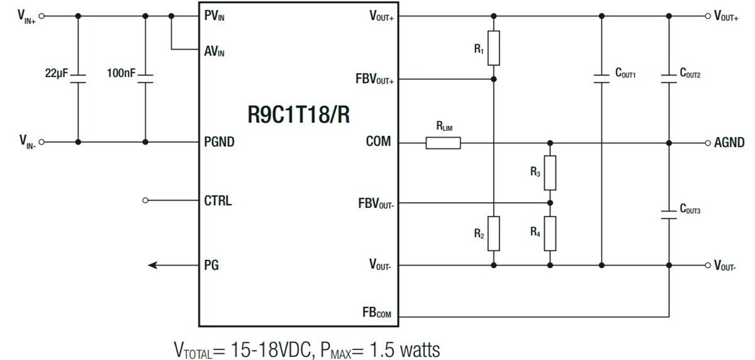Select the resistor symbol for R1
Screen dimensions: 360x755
tap(493, 48)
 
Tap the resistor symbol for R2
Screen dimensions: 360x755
tap(493, 233)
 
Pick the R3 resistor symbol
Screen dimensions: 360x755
tap(550, 172)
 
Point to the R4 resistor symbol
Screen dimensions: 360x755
tap(550, 233)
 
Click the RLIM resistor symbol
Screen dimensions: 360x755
tap(443, 143)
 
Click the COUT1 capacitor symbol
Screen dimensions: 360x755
tap(601, 79)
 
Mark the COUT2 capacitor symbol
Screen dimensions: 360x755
tap(669, 79)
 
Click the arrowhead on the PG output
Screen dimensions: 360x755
tap(153, 266)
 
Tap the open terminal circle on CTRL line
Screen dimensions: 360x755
tap(146, 201)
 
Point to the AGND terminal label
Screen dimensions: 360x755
tap(729, 143)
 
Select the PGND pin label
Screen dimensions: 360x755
tap(219, 142)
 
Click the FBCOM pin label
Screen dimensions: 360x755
tap(376, 313)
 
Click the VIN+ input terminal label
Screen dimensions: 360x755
tap(26, 16)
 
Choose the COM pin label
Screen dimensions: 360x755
tap(378, 142)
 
